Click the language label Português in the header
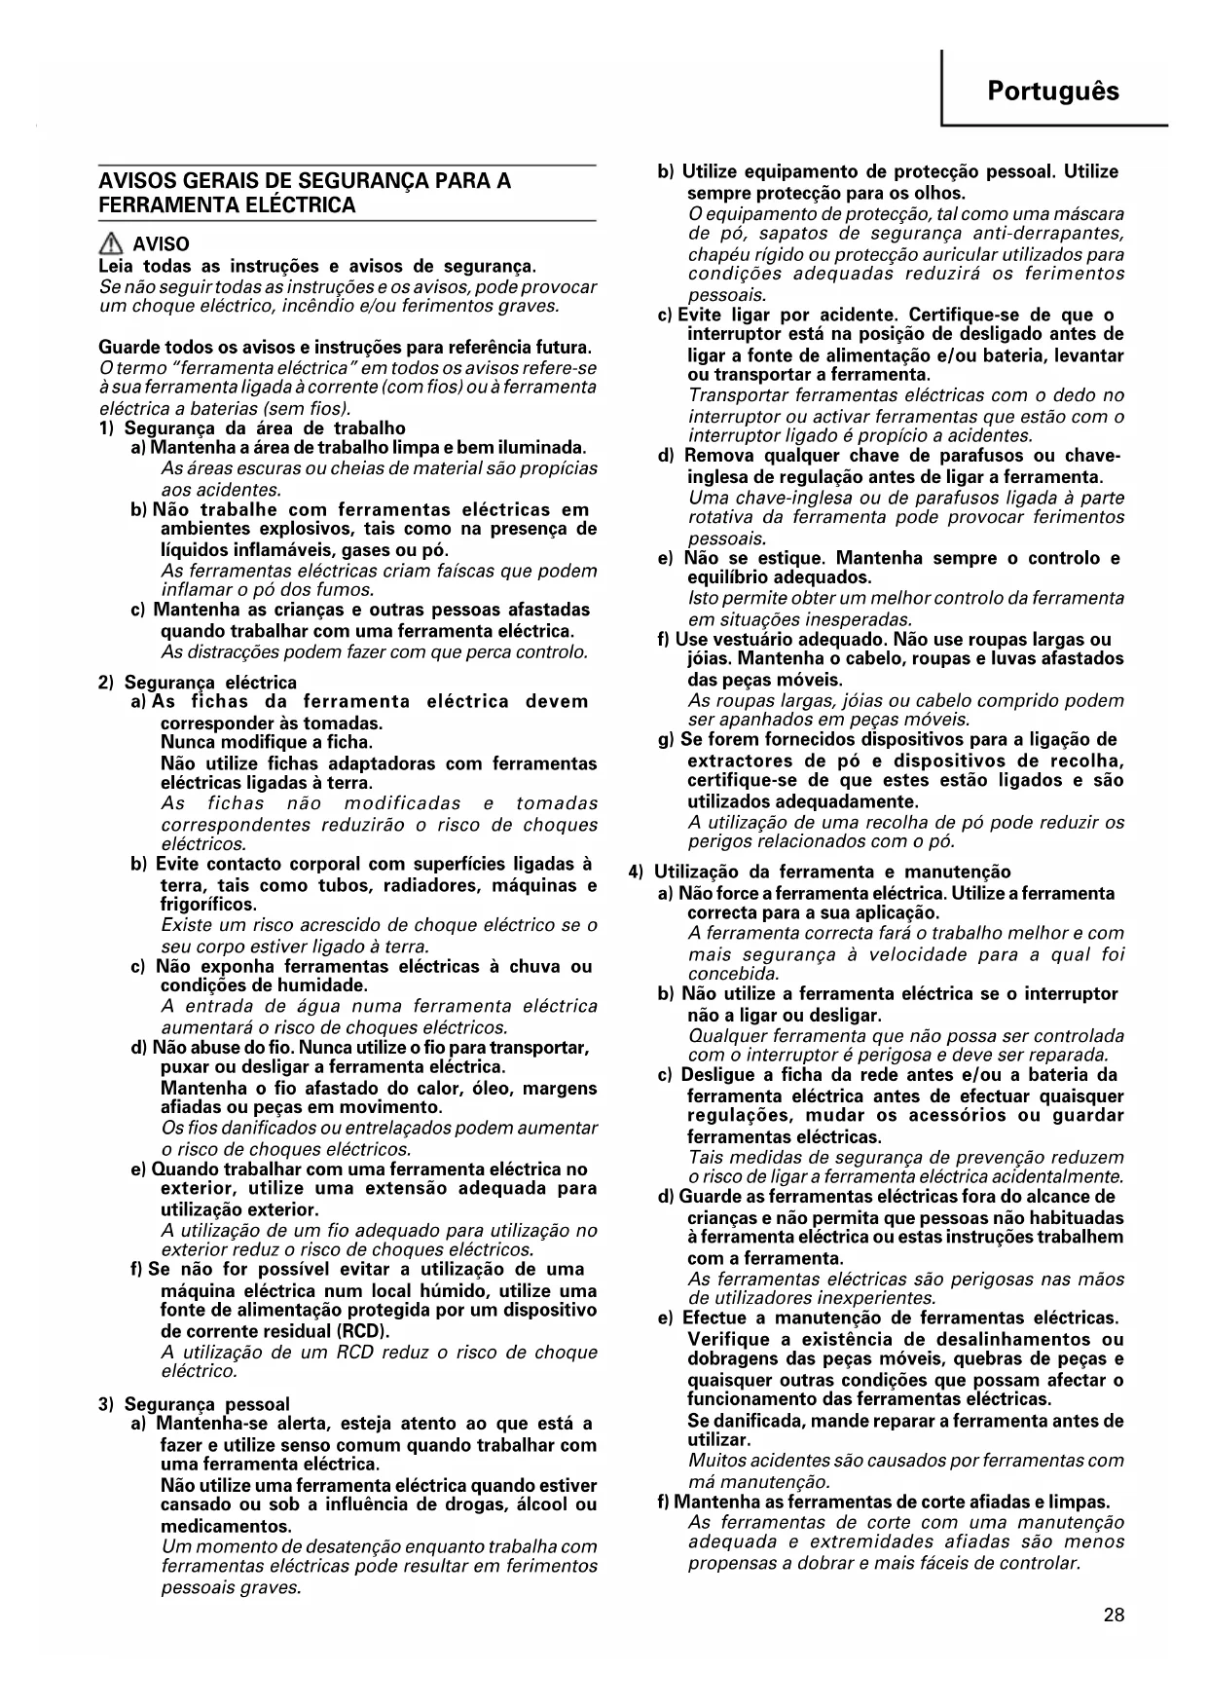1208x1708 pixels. pyautogui.click(x=1053, y=92)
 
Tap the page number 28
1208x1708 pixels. pyautogui.click(x=1115, y=1615)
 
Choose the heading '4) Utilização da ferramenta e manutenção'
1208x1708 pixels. pyautogui.click(x=832, y=873)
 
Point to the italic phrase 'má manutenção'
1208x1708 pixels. pyautogui.click(x=758, y=1481)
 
